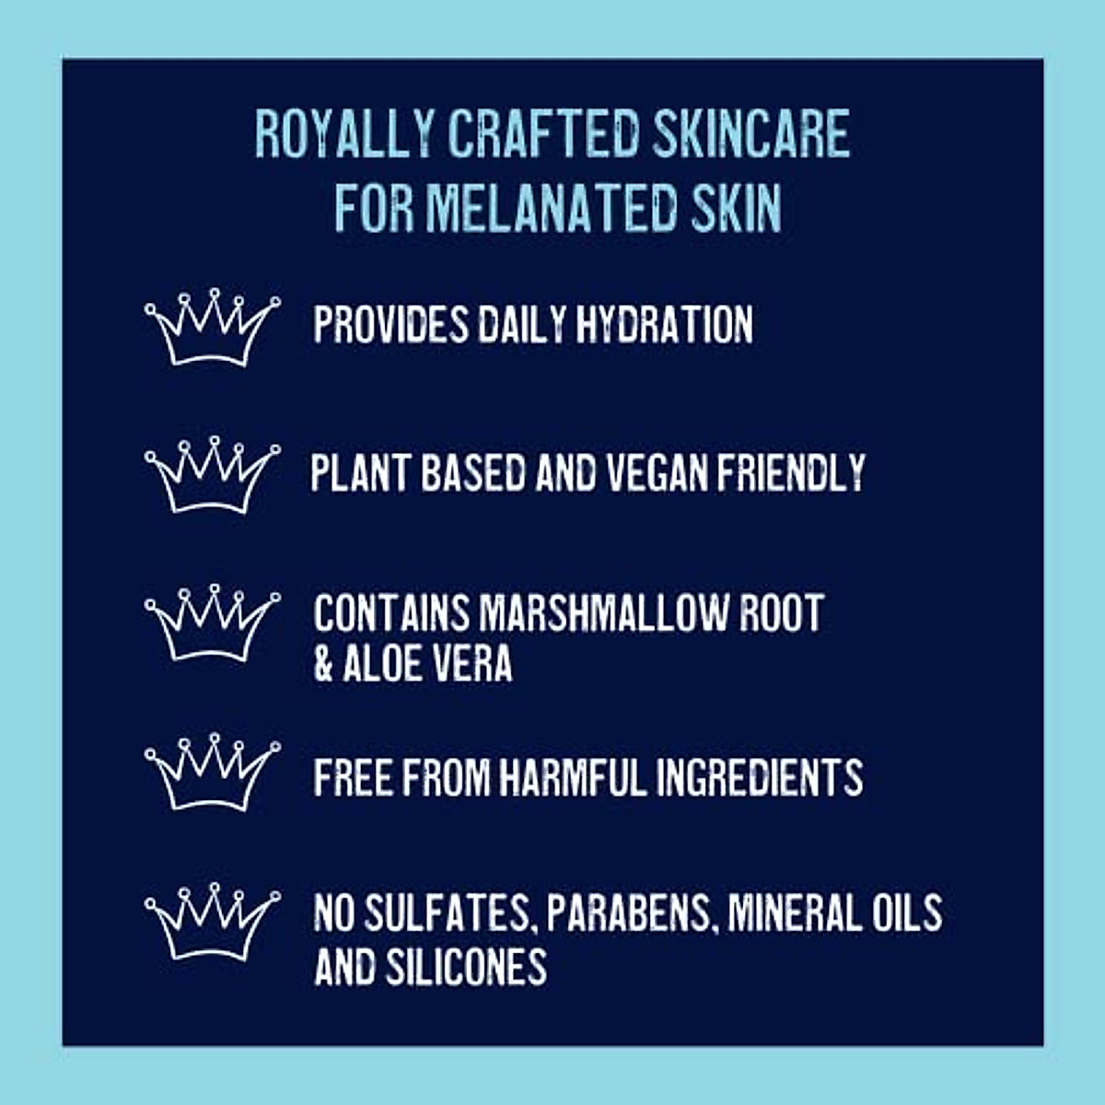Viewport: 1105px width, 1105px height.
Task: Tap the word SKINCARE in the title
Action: coord(750,134)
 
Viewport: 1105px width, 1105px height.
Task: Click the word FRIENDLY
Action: coord(791,472)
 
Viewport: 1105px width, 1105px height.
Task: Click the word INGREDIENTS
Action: coord(760,777)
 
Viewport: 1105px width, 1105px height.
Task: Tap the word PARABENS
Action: coord(632,913)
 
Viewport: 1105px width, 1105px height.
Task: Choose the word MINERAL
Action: coord(793,913)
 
